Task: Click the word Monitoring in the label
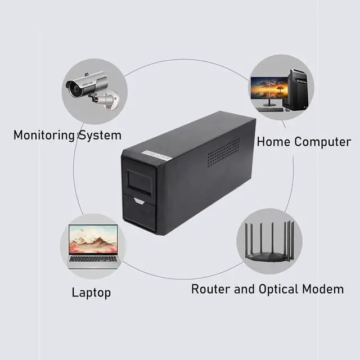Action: [44, 136]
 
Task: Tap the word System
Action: [98, 136]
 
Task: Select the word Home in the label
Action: [273, 142]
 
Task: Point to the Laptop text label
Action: [91, 292]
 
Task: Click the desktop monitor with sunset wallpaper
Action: [269, 89]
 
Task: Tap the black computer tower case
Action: [298, 89]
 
